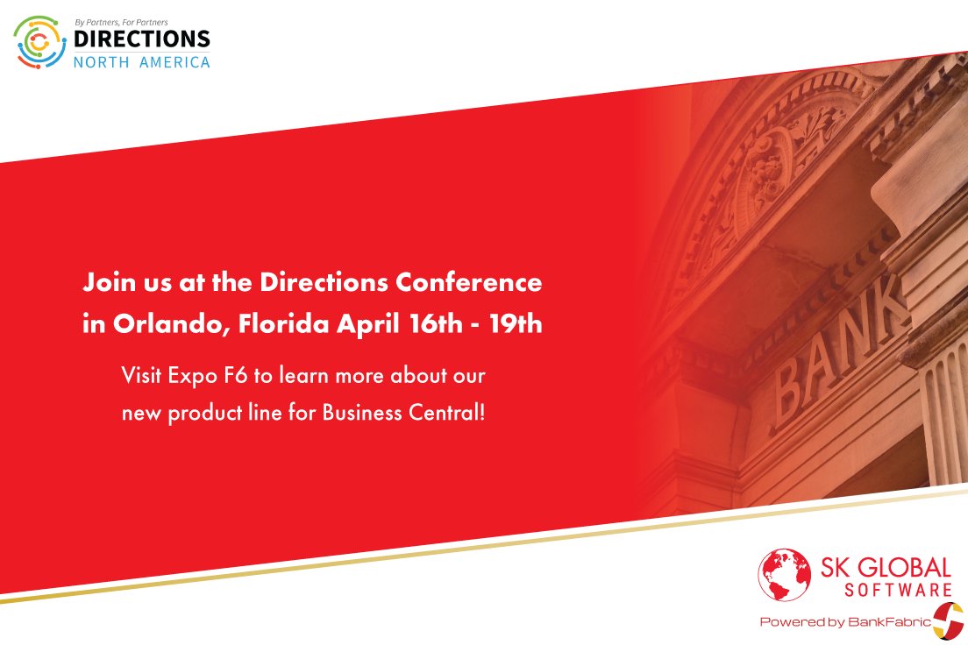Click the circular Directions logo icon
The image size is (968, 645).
40,43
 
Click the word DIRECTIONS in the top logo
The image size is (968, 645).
142,39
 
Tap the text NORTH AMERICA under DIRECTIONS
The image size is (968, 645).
142,62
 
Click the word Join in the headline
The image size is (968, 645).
106,283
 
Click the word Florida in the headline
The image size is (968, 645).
285,324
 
